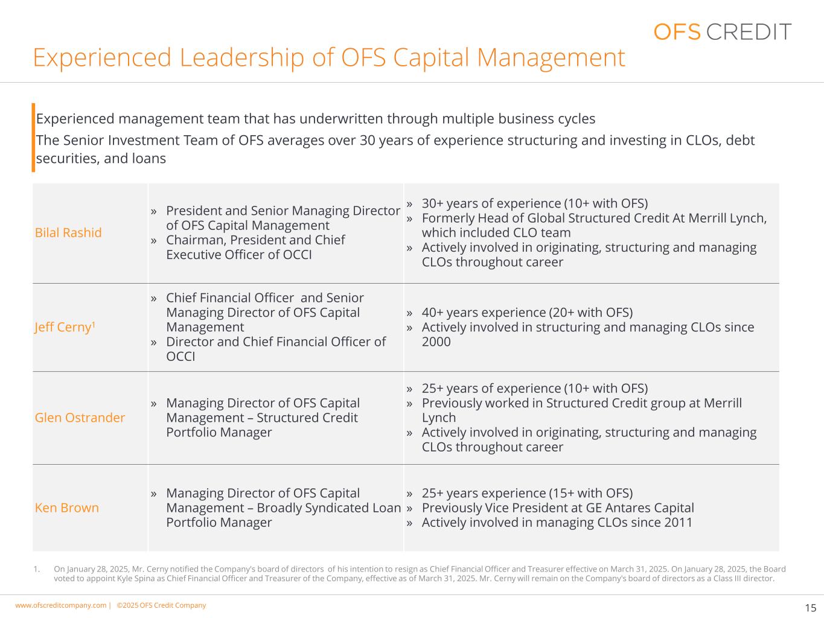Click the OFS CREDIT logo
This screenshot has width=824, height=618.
tap(722, 31)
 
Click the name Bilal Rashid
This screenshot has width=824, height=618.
tap(68, 232)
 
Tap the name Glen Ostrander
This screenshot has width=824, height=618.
tap(80, 418)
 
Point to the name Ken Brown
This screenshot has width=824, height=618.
tap(67, 508)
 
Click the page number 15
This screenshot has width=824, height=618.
tap(811, 608)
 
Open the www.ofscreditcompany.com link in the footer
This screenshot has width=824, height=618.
tap(60, 605)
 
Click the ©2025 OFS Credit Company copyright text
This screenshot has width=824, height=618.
tap(161, 605)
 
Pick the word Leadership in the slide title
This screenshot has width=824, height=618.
tap(241, 58)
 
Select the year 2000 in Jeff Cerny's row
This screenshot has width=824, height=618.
tap(436, 342)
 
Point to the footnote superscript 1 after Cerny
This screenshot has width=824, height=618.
tap(94, 324)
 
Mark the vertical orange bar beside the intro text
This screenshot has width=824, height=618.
tap(33, 138)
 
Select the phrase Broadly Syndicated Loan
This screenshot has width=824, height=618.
tap(329, 508)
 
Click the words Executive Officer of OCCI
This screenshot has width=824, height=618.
tap(239, 255)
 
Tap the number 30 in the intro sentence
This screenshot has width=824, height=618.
tap(368, 141)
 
